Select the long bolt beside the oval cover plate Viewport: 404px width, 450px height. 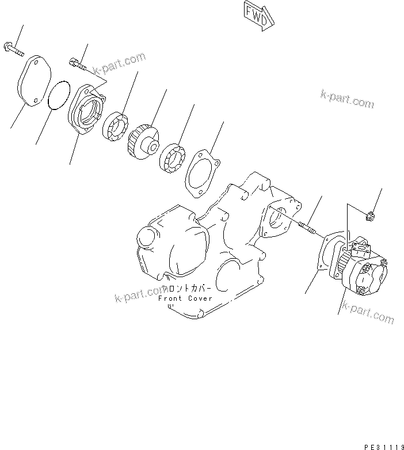[x=14, y=50]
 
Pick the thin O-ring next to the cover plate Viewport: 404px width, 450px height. [x=59, y=94]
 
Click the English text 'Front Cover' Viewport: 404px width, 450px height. [x=185, y=298]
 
